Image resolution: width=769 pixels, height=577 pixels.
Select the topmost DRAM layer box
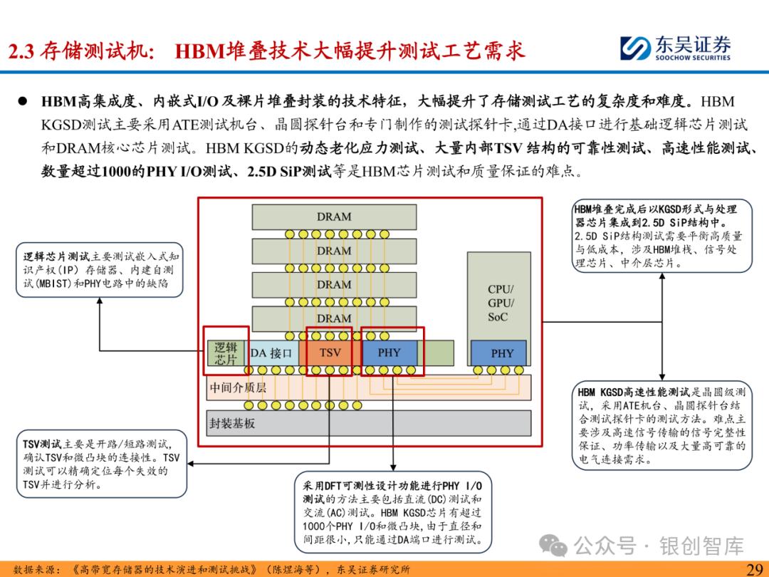334,217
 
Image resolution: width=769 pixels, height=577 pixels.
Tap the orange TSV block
330,353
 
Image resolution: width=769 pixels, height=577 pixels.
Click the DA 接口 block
271,353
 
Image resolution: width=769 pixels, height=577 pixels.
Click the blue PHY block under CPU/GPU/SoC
502,353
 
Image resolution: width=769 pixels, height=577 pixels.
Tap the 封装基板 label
232,423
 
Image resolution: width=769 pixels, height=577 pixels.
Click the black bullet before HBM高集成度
23,101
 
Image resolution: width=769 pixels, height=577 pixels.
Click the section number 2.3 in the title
22,51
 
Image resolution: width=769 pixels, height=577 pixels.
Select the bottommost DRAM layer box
334,318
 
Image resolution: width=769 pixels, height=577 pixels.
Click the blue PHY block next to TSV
389,353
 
